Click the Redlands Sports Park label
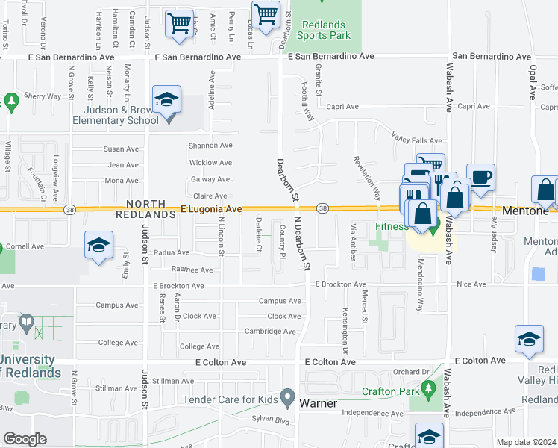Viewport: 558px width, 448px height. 323,28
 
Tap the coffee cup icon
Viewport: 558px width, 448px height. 480,178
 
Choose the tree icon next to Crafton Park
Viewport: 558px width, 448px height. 428,389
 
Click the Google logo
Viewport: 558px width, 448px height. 25,438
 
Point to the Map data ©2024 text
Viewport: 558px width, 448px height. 526,442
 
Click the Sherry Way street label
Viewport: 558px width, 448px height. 43,96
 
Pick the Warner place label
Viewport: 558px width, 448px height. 319,404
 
